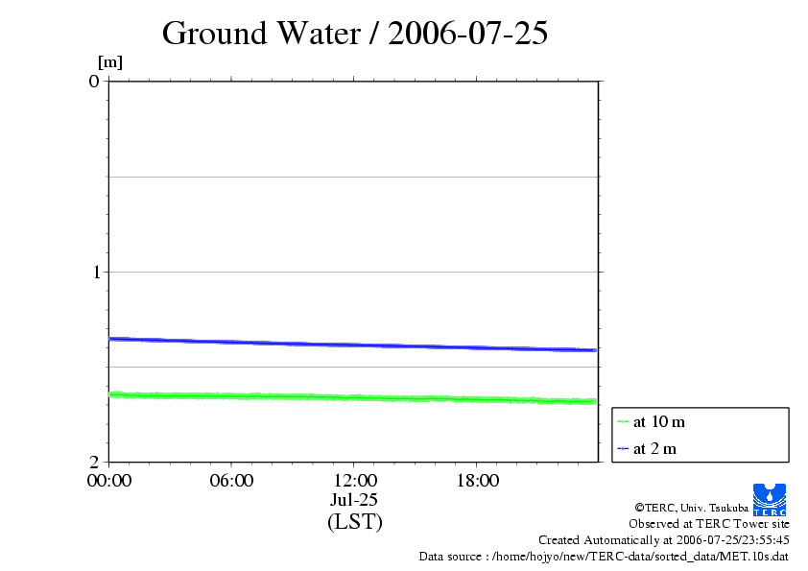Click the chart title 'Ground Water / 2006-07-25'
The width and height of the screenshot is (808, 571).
click(x=355, y=34)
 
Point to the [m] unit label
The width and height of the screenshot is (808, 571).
click(x=110, y=62)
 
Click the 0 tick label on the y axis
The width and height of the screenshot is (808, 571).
click(x=94, y=81)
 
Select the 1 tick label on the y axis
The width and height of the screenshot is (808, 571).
click(x=94, y=272)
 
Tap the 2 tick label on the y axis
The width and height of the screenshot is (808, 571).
click(x=94, y=462)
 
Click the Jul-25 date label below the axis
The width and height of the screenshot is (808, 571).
click(x=354, y=500)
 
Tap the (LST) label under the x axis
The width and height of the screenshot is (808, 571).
click(x=354, y=522)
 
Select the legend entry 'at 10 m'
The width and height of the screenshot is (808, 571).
click(x=659, y=421)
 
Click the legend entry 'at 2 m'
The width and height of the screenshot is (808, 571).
click(x=655, y=448)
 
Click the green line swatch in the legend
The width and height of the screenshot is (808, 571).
click(x=623, y=421)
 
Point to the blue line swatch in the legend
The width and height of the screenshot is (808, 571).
click(x=623, y=448)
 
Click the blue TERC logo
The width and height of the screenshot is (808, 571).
click(x=770, y=499)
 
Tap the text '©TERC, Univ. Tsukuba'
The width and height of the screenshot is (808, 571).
click(x=692, y=507)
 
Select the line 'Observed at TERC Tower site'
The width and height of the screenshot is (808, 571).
click(x=709, y=524)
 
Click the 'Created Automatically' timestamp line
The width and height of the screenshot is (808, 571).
click(x=664, y=540)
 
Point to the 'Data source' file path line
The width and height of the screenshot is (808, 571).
click(x=604, y=557)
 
